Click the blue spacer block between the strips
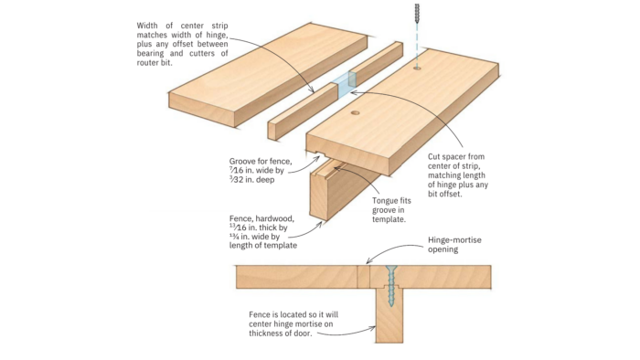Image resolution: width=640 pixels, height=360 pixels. click(x=344, y=84)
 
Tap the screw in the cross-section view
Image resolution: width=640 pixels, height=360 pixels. click(x=390, y=284)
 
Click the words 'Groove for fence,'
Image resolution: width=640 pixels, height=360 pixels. click(x=261, y=160)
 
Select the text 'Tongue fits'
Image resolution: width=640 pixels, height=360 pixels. click(x=395, y=200)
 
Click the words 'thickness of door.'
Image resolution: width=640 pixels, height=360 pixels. click(x=285, y=333)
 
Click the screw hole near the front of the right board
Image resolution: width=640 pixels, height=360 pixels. click(x=356, y=115)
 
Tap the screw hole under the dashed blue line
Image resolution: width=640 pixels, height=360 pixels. click(x=418, y=68)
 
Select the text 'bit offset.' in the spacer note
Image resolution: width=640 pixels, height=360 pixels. click(x=448, y=194)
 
